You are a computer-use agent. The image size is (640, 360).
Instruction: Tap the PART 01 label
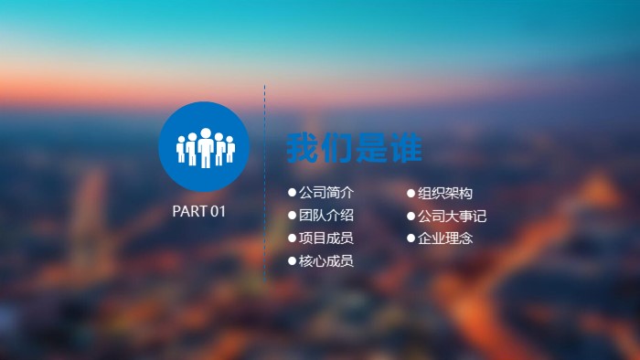point(198,212)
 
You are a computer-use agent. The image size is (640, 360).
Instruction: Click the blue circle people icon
point(204,146)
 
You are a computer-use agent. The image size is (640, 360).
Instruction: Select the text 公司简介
point(326,193)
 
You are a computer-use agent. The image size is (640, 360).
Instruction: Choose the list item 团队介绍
point(326,216)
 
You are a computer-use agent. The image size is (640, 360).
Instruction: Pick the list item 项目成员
point(326,238)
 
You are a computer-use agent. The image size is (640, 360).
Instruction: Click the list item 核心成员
point(326,261)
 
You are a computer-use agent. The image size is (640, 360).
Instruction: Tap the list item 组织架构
point(445,193)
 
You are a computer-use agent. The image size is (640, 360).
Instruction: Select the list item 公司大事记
point(452,217)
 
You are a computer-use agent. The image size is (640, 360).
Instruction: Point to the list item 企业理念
point(445,238)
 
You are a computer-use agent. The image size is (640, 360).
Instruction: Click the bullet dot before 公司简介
point(293,193)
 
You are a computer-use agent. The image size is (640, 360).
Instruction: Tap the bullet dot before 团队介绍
point(293,216)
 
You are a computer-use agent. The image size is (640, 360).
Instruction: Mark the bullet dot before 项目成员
point(293,238)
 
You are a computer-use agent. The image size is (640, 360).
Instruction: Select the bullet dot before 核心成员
point(293,261)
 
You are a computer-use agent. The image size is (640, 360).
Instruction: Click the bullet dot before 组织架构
point(411,193)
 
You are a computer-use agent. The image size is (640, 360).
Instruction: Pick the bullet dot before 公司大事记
point(411,217)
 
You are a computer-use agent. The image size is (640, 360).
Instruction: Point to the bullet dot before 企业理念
point(411,238)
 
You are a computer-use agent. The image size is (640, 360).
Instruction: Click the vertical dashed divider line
point(265,183)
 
